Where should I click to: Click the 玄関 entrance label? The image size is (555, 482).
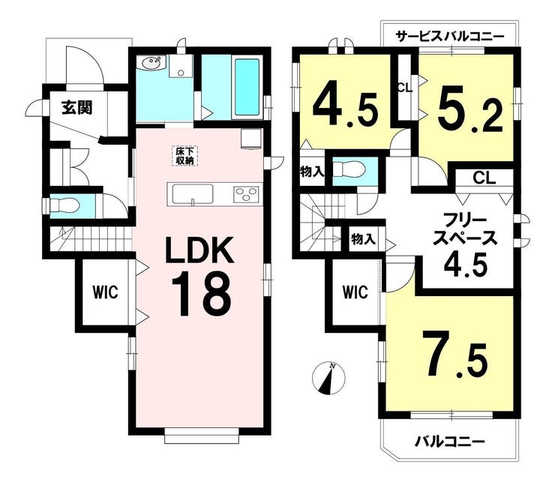click(x=77, y=108)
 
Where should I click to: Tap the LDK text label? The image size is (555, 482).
click(x=200, y=250)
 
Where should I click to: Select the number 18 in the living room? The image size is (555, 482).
click(x=202, y=293)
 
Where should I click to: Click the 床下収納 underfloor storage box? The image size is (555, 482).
click(x=185, y=155)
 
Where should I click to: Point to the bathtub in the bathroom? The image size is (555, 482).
click(x=247, y=87)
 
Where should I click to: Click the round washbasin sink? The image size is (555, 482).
click(x=152, y=64)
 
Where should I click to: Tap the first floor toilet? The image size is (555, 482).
click(x=64, y=205)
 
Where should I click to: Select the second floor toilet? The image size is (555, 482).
click(x=349, y=169)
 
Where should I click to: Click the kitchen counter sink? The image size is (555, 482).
click(x=192, y=195)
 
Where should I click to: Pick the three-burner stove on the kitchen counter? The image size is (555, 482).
click(x=246, y=194)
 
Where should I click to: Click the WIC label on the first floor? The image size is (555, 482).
click(x=106, y=292)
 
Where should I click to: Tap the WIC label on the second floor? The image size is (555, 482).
click(x=355, y=292)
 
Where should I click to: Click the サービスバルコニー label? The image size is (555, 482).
click(x=449, y=37)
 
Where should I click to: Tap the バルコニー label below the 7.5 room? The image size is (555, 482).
click(x=450, y=442)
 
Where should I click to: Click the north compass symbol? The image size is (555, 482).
click(x=328, y=379)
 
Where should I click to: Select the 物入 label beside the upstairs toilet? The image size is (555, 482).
click(x=312, y=172)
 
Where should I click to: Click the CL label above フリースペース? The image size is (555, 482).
click(x=484, y=178)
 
